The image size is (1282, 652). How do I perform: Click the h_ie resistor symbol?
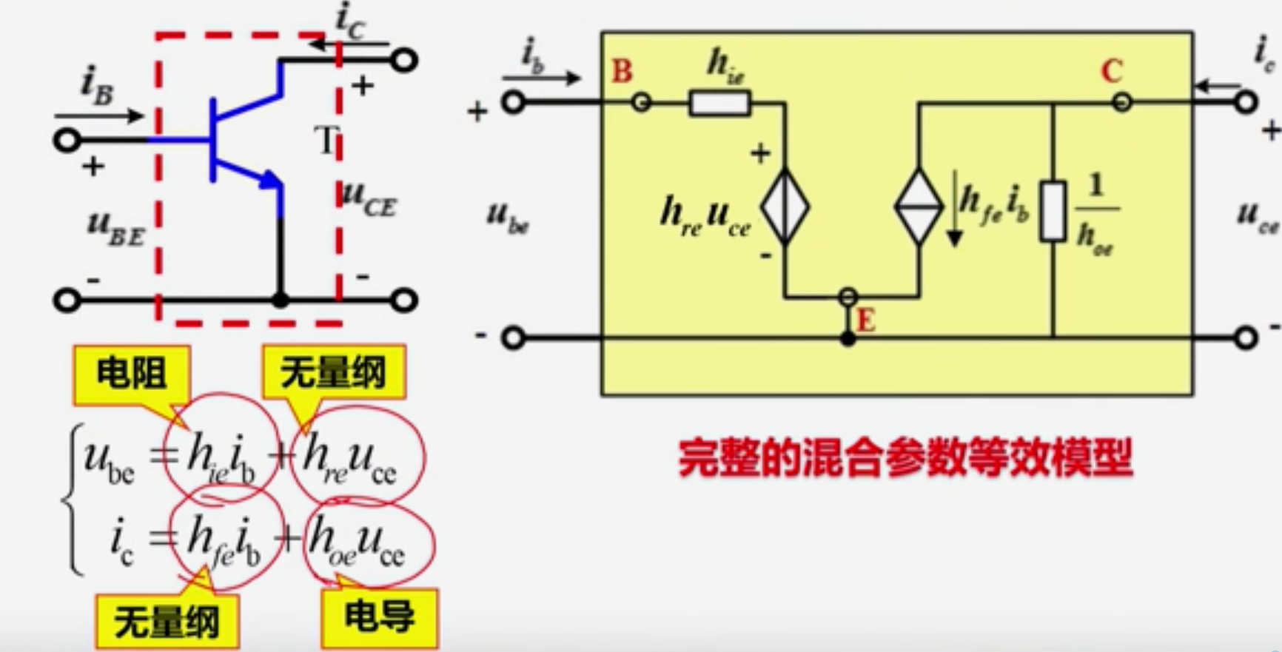point(719,103)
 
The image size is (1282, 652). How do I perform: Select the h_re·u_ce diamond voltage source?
point(785,206)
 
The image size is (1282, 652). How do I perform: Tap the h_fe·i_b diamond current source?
point(919,206)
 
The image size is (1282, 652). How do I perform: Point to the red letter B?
point(622,72)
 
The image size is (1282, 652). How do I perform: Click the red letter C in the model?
point(1111,72)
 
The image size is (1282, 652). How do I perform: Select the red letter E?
point(866,321)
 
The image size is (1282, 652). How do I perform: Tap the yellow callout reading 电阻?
point(131,373)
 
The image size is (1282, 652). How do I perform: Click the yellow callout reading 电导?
point(379,617)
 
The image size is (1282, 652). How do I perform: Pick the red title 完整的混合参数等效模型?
point(905,459)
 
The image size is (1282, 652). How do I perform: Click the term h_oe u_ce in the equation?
point(358,545)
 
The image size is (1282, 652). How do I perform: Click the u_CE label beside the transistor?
point(369,198)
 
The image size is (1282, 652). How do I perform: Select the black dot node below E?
point(848,339)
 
